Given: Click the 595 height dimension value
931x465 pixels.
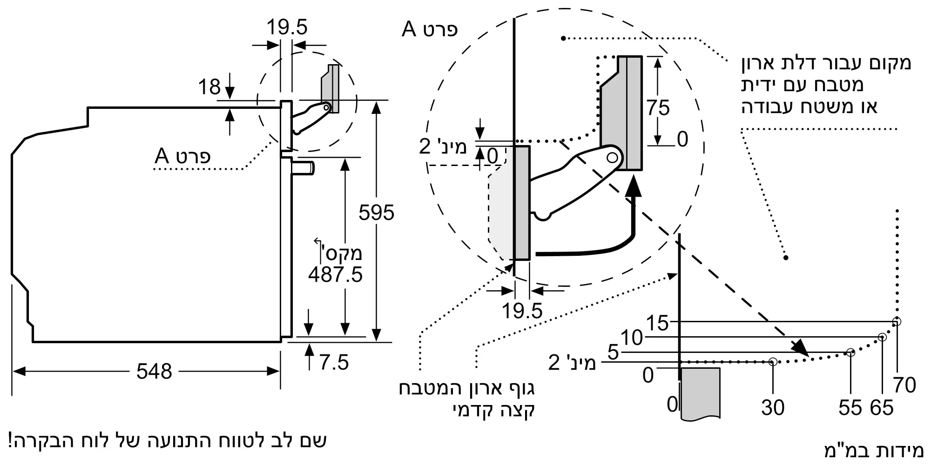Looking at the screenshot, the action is click(x=376, y=213).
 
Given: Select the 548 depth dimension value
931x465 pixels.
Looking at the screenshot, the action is click(x=154, y=371).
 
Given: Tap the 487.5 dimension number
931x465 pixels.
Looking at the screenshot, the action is click(x=335, y=274).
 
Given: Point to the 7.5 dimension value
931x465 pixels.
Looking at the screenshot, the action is click(x=334, y=362).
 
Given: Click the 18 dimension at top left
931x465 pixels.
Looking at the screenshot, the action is click(x=209, y=87).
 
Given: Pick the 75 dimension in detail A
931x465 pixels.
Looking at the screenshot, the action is click(x=658, y=108).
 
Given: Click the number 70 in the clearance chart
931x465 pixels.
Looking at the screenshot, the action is click(x=904, y=385).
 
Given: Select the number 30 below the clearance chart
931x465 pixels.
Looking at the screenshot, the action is click(x=773, y=408).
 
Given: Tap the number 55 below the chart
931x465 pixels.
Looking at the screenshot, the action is click(x=850, y=408).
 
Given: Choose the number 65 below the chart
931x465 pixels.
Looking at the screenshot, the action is click(x=882, y=408).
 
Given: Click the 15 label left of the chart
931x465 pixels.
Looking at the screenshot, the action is click(x=657, y=323).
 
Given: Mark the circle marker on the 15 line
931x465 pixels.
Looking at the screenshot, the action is click(x=897, y=321).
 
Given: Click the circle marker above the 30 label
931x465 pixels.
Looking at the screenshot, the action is click(x=773, y=361).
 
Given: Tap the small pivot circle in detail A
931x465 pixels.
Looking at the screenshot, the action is click(x=613, y=158).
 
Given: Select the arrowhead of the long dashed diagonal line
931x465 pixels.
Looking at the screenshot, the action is click(x=801, y=348).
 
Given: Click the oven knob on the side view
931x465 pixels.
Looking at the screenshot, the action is click(x=303, y=167).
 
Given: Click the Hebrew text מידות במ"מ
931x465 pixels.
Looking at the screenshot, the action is click(x=873, y=450).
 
